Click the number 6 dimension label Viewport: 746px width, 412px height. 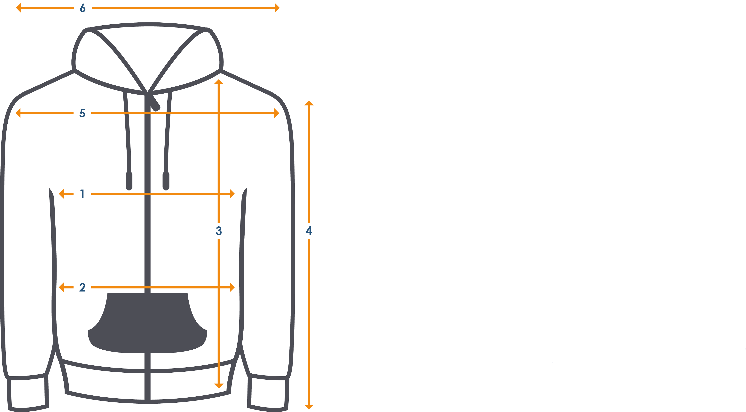(x=83, y=8)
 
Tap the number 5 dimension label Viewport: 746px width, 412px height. (x=82, y=113)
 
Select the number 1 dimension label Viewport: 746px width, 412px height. (x=82, y=194)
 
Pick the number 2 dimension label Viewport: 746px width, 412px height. (x=82, y=287)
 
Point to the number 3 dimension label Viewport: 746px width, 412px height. (x=219, y=231)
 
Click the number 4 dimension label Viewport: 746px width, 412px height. (x=309, y=231)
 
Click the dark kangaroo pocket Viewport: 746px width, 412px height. (x=147, y=323)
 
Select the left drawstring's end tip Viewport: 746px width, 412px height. (x=129, y=181)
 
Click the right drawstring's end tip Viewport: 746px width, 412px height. (x=166, y=181)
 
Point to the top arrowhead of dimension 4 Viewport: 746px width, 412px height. (x=309, y=103)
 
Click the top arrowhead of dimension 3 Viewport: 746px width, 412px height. (x=219, y=82)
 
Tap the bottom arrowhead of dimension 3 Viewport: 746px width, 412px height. (x=219, y=386)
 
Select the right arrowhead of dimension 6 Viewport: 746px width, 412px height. (x=277, y=8)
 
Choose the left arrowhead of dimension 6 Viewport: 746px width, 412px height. (x=19, y=8)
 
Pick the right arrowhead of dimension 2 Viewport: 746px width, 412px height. (x=232, y=287)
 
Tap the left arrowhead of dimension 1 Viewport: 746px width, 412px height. (x=61, y=194)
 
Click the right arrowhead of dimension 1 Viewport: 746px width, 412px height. (x=232, y=194)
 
